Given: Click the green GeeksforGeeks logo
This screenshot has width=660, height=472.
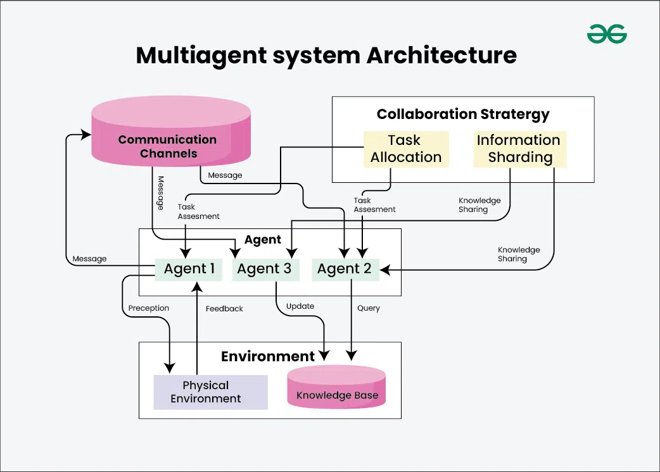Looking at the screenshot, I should [606, 34].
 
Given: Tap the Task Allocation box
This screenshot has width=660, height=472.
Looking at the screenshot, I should [406, 149].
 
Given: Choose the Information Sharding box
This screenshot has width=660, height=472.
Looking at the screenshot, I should [519, 149].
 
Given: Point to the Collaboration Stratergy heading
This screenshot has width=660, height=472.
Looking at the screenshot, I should [463, 115].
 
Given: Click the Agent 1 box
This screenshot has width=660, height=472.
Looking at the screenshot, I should [189, 269].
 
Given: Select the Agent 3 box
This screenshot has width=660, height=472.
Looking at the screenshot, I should [264, 269].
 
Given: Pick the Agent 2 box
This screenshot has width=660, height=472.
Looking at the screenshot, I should [345, 269].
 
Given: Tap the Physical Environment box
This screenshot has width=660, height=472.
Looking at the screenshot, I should [210, 392].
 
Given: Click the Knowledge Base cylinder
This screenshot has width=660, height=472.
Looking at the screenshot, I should [337, 387].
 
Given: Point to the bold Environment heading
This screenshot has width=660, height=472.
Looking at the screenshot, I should [267, 356].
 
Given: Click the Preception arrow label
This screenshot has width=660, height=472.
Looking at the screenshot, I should [149, 308].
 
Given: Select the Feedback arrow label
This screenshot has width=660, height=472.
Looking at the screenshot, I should [224, 309].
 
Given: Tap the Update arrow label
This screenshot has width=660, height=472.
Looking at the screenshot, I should [300, 306].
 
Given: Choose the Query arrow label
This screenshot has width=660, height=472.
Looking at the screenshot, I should [368, 308].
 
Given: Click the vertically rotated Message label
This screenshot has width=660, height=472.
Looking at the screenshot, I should [160, 193].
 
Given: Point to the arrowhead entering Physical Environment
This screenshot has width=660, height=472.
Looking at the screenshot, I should [169, 368].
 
